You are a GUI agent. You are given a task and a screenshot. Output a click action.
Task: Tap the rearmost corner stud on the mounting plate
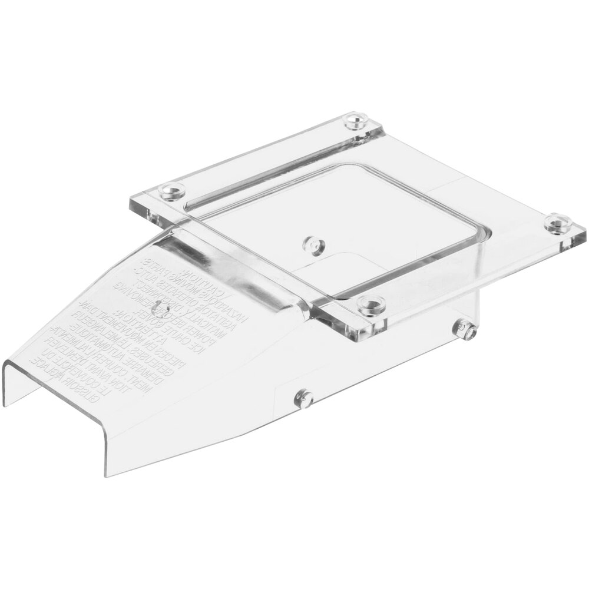pyautogui.click(x=354, y=122)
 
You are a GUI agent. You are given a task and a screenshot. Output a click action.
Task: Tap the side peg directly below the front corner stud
pyautogui.click(x=466, y=330)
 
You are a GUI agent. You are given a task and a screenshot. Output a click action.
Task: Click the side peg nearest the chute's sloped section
pyautogui.click(x=304, y=399)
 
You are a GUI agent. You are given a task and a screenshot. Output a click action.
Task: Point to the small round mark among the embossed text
pyautogui.click(x=159, y=307)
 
